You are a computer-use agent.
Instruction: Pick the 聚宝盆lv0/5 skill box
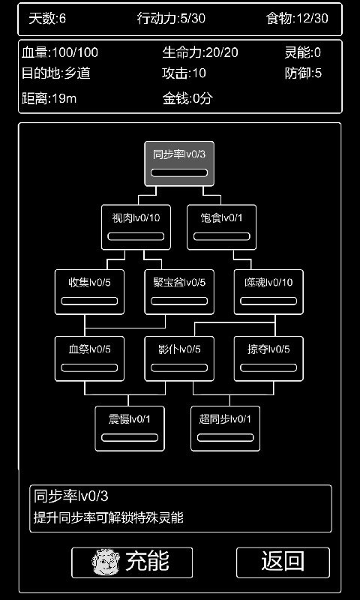[x=179, y=291]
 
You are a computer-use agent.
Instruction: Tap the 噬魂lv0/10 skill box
[x=268, y=291]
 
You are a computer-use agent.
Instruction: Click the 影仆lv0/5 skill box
[x=179, y=358]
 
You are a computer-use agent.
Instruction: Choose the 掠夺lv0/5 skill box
[x=268, y=358]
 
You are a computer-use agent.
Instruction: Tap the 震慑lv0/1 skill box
[x=130, y=427]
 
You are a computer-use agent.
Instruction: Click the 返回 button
[x=283, y=561]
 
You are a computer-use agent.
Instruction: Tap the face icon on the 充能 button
[x=106, y=562]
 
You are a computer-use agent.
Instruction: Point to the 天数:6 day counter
[x=47, y=19]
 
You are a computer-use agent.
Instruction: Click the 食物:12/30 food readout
[x=297, y=19]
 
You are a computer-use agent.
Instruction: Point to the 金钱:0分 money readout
[x=188, y=97]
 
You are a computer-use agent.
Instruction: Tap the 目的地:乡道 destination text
[x=50, y=73]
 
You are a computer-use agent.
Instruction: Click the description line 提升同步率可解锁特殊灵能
[x=108, y=517]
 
